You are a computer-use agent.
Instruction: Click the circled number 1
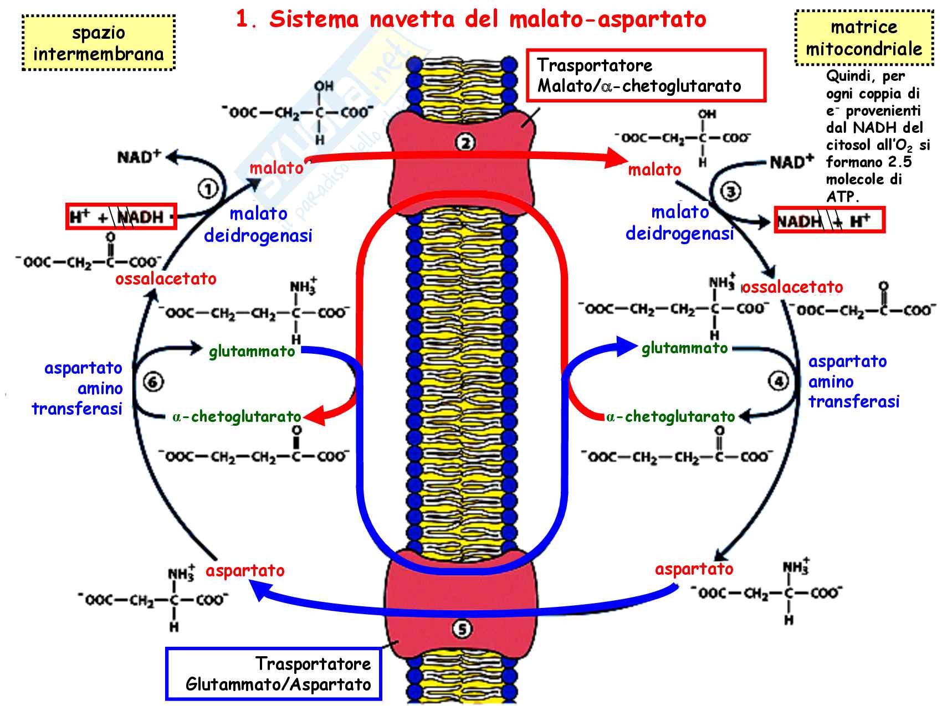click(208, 190)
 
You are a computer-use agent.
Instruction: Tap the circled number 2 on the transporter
click(464, 143)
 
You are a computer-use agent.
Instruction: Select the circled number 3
click(730, 192)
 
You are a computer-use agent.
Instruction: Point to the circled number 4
click(778, 382)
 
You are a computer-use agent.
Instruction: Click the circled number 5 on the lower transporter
click(462, 629)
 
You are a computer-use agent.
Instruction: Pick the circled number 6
click(153, 382)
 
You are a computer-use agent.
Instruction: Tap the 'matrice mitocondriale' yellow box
click(863, 38)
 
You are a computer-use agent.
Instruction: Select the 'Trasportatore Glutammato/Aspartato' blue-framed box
click(274, 673)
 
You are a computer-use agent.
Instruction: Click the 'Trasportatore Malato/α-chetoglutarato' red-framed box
click(646, 75)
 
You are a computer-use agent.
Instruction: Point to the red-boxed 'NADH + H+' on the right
click(829, 221)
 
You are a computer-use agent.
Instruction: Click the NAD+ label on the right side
click(791, 162)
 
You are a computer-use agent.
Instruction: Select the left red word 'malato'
click(276, 168)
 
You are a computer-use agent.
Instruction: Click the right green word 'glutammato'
click(684, 348)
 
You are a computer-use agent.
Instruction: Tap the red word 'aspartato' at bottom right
click(694, 569)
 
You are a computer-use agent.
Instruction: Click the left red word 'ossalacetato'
click(166, 279)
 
